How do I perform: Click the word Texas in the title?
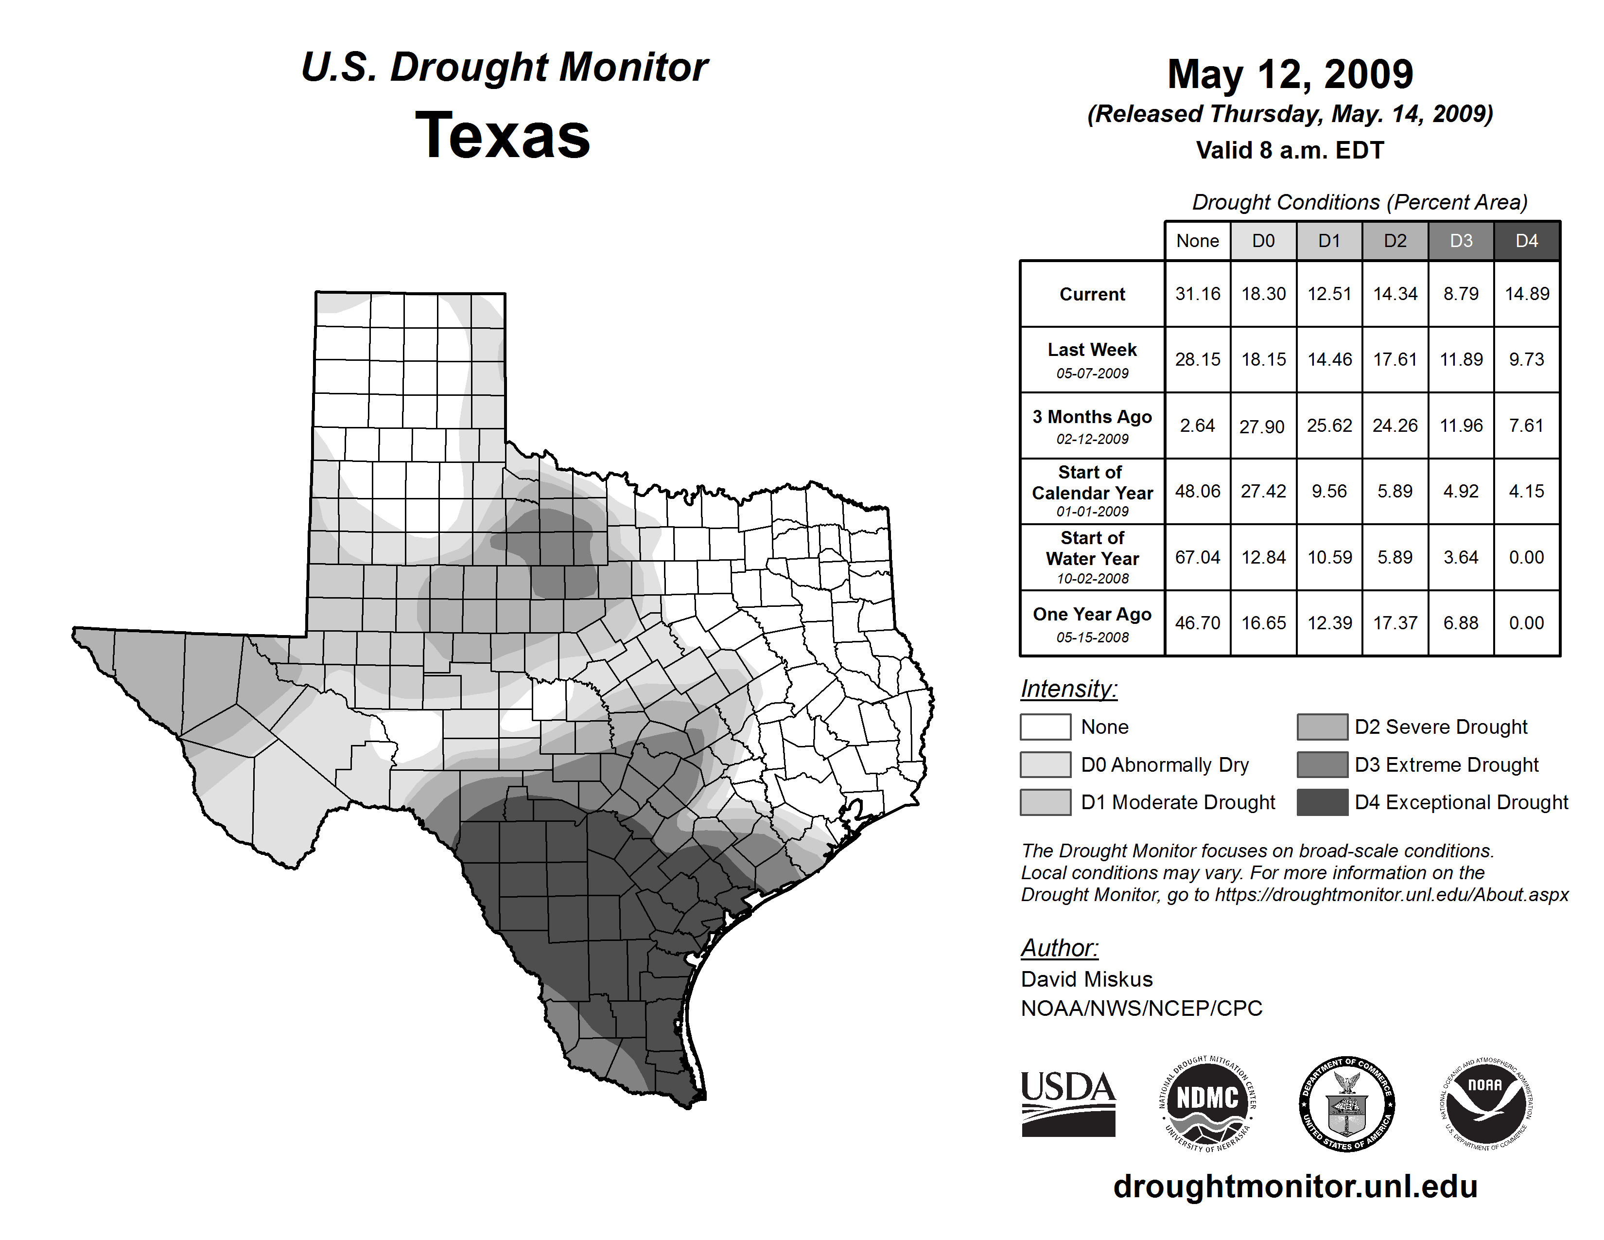(x=503, y=135)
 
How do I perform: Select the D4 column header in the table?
(x=1526, y=241)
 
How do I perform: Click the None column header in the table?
(x=1197, y=241)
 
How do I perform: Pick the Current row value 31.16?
(x=1197, y=294)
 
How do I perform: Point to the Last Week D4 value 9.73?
(x=1526, y=359)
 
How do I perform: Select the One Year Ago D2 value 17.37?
(x=1395, y=623)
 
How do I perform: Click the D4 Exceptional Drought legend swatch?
(x=1322, y=802)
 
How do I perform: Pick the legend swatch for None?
(x=1045, y=726)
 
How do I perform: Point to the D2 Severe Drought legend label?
(x=1441, y=726)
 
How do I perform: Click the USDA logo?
(x=1068, y=1103)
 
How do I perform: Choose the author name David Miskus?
(x=1086, y=979)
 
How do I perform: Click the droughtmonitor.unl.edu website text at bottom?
(x=1295, y=1187)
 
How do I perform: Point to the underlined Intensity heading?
(x=1068, y=689)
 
